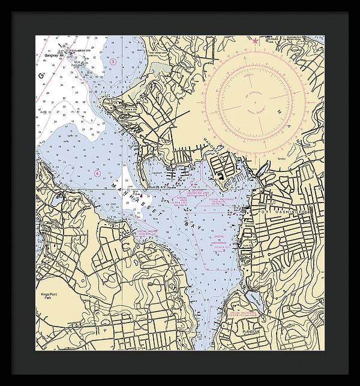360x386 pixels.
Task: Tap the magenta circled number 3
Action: coord(113,62)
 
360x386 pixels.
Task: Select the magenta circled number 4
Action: coord(97,173)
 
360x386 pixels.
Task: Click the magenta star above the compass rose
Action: coord(256,41)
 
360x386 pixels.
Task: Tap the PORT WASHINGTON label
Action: coord(282,212)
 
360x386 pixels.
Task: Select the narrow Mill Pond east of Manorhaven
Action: coord(262,170)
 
